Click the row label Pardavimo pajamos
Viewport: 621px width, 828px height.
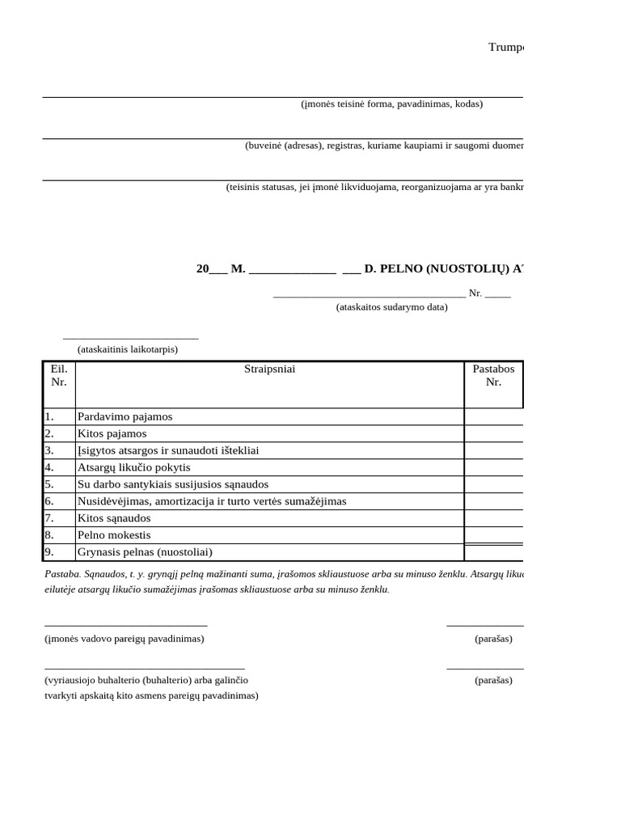pos(125,416)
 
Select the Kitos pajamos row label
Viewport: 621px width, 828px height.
pos(112,433)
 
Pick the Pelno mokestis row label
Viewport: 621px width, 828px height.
pos(114,535)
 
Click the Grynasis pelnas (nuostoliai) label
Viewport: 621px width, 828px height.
pos(145,552)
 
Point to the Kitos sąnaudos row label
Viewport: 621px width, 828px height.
pos(114,518)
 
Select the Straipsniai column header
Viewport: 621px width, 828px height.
pos(269,370)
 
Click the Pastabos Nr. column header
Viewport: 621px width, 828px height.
pos(493,375)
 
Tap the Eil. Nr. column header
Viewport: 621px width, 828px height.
pos(59,375)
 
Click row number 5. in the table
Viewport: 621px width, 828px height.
pos(50,484)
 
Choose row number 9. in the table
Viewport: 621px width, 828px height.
pos(50,552)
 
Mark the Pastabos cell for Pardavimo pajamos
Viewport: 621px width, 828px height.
pos(493,416)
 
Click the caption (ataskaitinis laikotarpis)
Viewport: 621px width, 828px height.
pos(128,349)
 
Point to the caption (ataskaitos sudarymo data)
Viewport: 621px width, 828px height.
pos(391,307)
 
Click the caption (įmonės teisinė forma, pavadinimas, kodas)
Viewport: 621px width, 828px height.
pos(391,103)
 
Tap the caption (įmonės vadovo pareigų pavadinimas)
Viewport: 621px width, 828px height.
pos(125,639)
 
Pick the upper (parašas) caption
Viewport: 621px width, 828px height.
pos(493,639)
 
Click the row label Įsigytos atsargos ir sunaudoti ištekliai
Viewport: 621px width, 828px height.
pos(168,450)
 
